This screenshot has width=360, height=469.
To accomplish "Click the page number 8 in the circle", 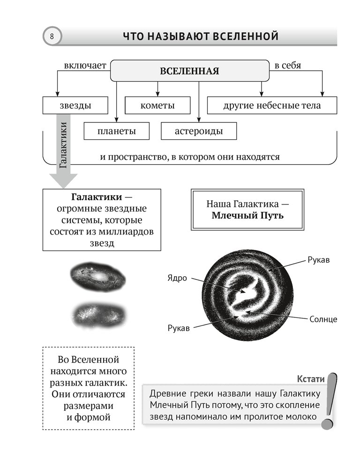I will pos(52,36).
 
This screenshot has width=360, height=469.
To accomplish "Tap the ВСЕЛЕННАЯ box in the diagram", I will pos(189,71).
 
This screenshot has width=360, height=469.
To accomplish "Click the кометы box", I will pos(157,106).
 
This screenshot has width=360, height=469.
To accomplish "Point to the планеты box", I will pos(117,131).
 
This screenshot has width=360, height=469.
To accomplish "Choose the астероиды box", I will pos(199,131).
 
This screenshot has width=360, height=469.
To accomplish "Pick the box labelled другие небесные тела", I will pos(272,106).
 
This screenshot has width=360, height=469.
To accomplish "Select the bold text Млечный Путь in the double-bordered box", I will pos(247,216).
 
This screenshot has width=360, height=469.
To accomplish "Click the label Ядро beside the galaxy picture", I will pos(177,278).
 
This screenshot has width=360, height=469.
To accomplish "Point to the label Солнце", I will pos(323,319).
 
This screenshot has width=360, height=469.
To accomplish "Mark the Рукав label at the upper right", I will pos(318,260).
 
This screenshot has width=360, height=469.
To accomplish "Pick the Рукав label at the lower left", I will pos(179,328).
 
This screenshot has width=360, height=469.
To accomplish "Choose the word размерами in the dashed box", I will pos(89,404).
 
